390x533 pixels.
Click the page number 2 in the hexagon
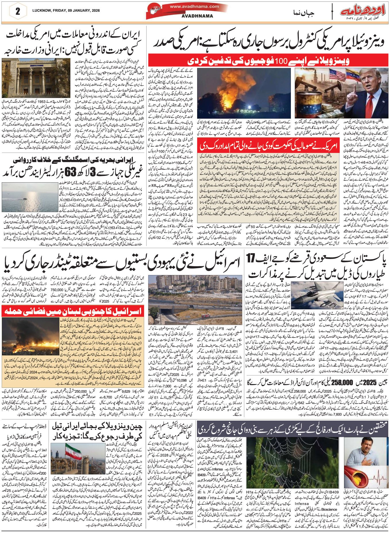[x=18, y=11]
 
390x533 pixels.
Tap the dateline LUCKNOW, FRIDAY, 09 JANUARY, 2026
[x=66, y=10]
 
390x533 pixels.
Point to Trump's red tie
[x=371, y=105]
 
